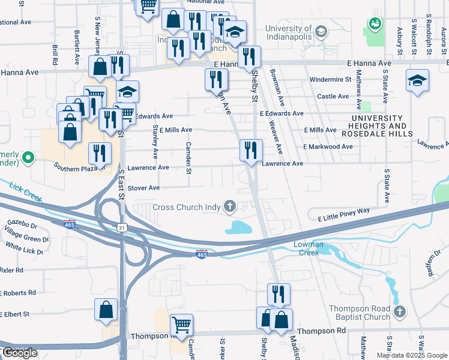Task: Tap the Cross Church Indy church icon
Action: [229, 207]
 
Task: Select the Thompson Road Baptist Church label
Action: [360, 313]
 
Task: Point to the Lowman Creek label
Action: [308, 248]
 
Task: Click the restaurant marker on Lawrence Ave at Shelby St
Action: [251, 151]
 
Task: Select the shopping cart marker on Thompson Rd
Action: [181, 326]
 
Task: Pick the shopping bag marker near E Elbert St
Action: [106, 310]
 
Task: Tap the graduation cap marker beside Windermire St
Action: [417, 81]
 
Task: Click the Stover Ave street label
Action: [143, 188]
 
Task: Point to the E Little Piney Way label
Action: [339, 212]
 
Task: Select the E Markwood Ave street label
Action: [328, 146]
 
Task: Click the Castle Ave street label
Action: [333, 96]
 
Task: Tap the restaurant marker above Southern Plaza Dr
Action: [100, 154]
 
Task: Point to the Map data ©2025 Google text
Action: [411, 355]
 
